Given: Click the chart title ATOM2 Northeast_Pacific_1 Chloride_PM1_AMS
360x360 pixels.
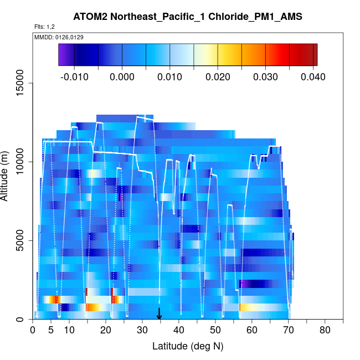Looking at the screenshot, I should (x=188, y=17).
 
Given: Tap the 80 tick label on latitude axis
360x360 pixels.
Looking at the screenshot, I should (x=325, y=331).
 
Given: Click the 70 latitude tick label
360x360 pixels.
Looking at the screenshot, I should (x=289, y=331).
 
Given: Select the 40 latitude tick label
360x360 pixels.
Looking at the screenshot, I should (x=179, y=331).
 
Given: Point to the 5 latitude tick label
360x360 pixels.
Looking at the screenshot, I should (x=51, y=331).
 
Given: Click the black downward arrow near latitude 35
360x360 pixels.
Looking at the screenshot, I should (x=159, y=314).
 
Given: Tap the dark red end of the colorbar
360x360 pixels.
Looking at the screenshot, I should (x=313, y=54).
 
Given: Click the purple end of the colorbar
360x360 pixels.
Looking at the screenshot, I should (x=63, y=54).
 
